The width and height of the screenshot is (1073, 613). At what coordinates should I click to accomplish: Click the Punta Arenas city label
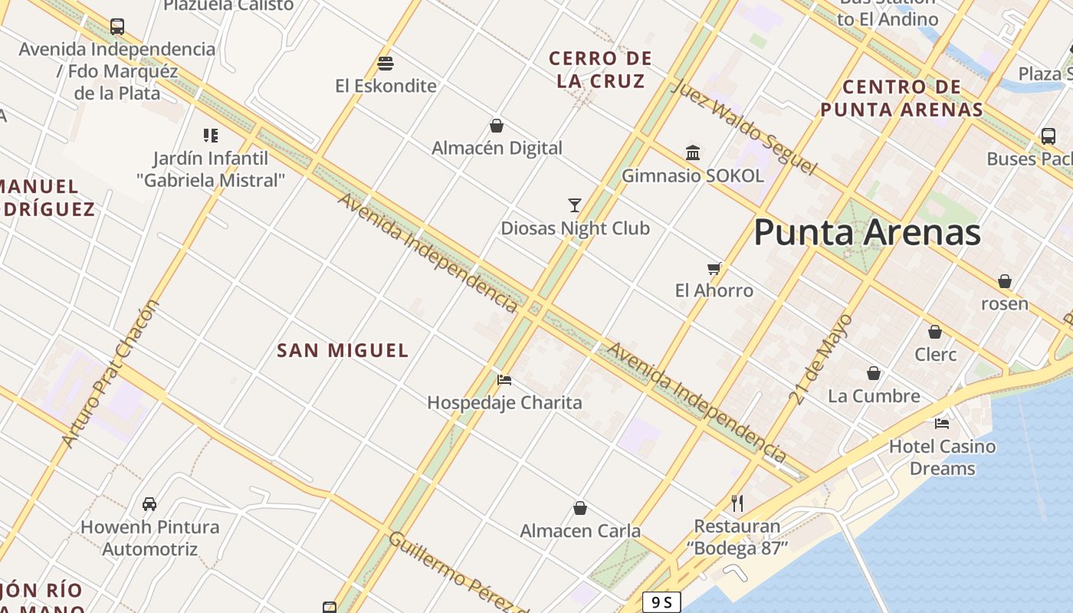pyautogui.click(x=867, y=232)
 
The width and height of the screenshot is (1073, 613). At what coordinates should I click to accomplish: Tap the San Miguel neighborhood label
pyautogui.click(x=343, y=351)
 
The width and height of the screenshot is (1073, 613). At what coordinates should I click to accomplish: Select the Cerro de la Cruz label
pyautogui.click(x=601, y=69)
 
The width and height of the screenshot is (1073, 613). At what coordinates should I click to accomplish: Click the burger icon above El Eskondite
pyautogui.click(x=386, y=63)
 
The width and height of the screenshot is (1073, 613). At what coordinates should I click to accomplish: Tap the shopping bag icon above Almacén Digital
pyautogui.click(x=497, y=126)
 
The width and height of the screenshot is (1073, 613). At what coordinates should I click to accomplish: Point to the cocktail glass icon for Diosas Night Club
pyautogui.click(x=575, y=205)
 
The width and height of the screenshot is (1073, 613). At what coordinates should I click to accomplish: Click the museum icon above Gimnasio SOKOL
pyautogui.click(x=693, y=152)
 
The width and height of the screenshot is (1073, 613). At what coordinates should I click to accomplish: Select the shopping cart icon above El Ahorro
pyautogui.click(x=714, y=268)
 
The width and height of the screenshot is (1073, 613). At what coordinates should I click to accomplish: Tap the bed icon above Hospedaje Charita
pyautogui.click(x=504, y=379)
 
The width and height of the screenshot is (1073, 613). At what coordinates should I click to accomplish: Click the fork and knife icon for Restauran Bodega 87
pyautogui.click(x=737, y=503)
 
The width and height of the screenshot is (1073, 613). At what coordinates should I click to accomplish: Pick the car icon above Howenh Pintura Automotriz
pyautogui.click(x=149, y=504)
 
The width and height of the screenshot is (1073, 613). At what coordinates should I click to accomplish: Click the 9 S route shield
pyautogui.click(x=661, y=602)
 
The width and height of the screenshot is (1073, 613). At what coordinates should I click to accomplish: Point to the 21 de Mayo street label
pyautogui.click(x=821, y=359)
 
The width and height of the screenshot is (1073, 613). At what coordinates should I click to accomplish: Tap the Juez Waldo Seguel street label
pyautogui.click(x=743, y=126)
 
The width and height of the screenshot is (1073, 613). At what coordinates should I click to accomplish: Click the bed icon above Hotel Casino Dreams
pyautogui.click(x=942, y=423)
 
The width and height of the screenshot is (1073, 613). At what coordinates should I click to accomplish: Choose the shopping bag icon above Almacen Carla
pyautogui.click(x=580, y=508)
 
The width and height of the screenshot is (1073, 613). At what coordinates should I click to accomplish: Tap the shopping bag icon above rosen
pyautogui.click(x=1005, y=281)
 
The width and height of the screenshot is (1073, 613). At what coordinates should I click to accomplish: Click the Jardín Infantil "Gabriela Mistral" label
pyautogui.click(x=211, y=169)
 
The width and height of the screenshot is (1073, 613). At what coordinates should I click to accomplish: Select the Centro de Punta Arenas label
pyautogui.click(x=901, y=98)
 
